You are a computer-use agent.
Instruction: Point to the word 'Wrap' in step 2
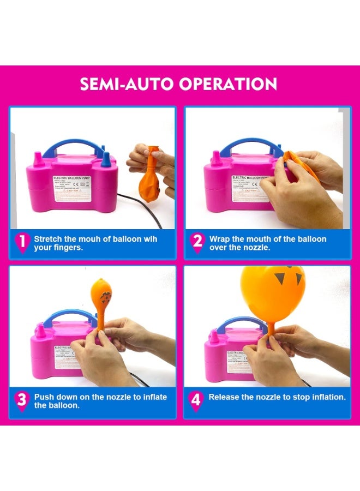click(220, 239)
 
